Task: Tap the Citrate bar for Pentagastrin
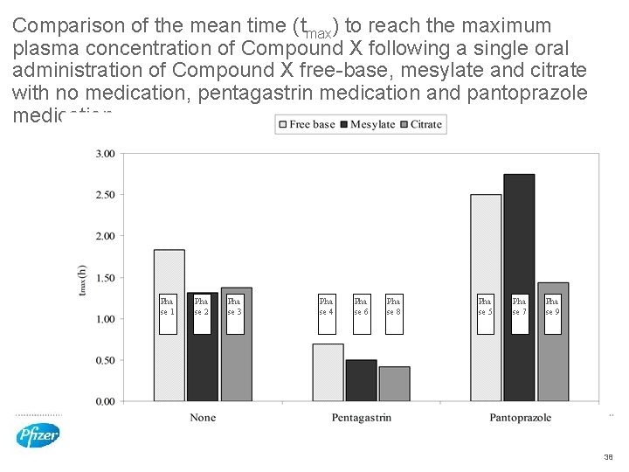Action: [395, 384]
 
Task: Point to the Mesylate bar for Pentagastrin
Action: [361, 380]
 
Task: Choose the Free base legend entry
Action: [307, 125]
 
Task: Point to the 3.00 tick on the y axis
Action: [104, 154]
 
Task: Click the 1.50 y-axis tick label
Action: [104, 278]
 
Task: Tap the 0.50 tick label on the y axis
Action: [104, 360]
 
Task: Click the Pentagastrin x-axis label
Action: [361, 418]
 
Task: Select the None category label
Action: [203, 418]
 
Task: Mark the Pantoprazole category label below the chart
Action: [520, 418]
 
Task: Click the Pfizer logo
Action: [38, 434]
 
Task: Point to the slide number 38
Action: [608, 457]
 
